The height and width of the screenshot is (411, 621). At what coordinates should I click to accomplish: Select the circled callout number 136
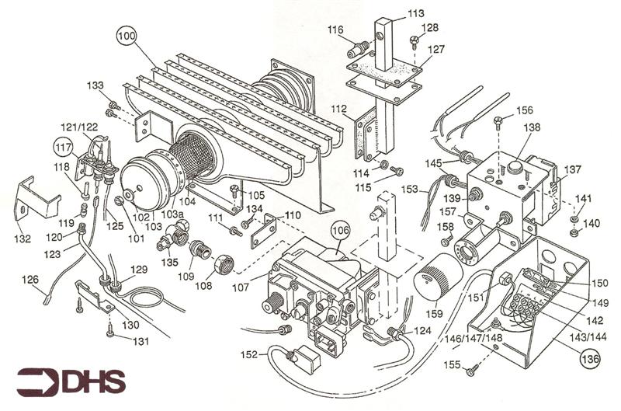coord(591,360)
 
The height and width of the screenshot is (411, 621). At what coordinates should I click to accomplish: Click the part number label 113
coord(416,13)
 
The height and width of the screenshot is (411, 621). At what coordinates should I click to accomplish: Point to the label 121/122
coord(80,127)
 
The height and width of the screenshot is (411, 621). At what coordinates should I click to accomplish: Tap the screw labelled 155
coord(470,371)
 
